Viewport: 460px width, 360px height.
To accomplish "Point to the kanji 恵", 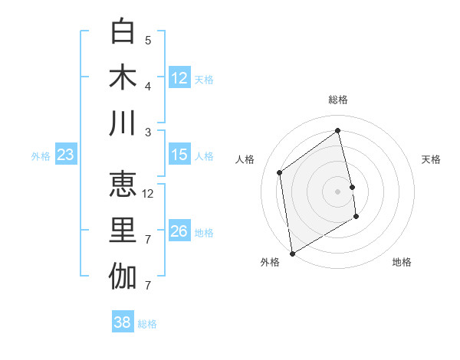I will pyautogui.click(x=123, y=184).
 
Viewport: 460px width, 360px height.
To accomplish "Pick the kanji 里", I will pyautogui.click(x=123, y=230).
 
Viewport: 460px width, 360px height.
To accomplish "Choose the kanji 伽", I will pyautogui.click(x=123, y=277).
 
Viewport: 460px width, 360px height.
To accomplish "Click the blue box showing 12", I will pyautogui.click(x=179, y=78).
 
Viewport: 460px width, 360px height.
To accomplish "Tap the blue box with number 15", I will pyautogui.click(x=179, y=155).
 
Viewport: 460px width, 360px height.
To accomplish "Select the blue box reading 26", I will pyautogui.click(x=179, y=231).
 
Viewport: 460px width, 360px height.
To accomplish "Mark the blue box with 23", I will pyautogui.click(x=65, y=155).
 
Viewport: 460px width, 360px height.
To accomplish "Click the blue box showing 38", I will pyautogui.click(x=123, y=322).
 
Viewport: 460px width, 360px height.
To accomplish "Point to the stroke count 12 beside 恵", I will pyautogui.click(x=149, y=194).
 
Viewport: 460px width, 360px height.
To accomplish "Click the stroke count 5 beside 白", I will pyautogui.click(x=148, y=40).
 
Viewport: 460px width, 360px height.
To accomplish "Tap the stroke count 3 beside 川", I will pyautogui.click(x=148, y=133).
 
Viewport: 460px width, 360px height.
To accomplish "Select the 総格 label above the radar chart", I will pyautogui.click(x=338, y=100).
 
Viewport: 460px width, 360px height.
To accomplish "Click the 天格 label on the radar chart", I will pyautogui.click(x=432, y=159).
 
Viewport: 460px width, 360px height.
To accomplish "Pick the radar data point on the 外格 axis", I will pyautogui.click(x=292, y=253).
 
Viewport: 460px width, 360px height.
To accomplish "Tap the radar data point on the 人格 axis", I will pyautogui.click(x=280, y=172).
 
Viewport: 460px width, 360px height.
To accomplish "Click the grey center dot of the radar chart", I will pyautogui.click(x=337, y=191).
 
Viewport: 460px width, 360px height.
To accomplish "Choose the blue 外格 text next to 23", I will pyautogui.click(x=41, y=156).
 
